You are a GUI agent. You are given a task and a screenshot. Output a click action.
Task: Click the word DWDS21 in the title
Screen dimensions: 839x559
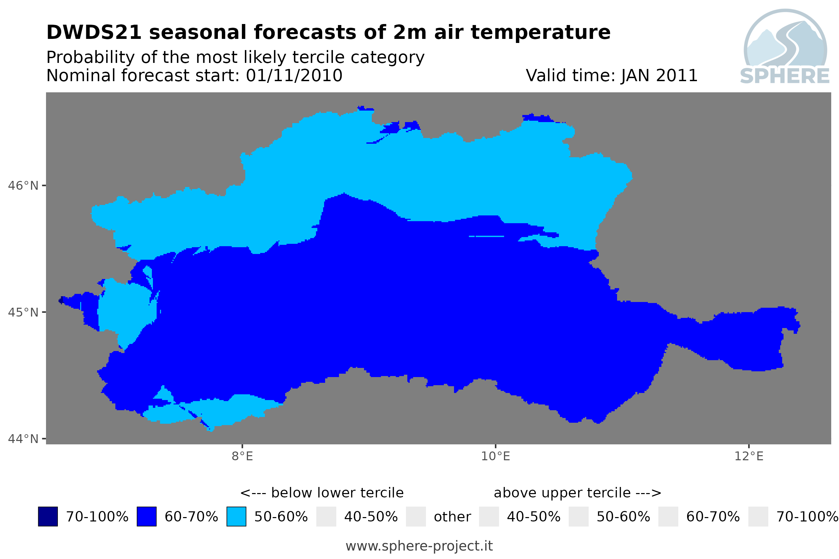[94, 32]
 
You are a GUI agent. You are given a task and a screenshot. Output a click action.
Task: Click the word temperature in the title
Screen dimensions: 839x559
[541, 33]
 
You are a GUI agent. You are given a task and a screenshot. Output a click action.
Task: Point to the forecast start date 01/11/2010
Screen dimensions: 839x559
[294, 75]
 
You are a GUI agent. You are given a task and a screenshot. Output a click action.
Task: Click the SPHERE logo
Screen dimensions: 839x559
[785, 47]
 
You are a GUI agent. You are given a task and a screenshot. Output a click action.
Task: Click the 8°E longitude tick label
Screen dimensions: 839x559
[243, 456]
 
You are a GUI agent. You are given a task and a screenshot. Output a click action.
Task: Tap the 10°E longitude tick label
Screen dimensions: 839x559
[496, 456]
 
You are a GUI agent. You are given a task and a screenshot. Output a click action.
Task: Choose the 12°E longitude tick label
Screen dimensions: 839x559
[749, 456]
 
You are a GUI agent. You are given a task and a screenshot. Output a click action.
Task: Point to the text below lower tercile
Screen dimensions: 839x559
[337, 493]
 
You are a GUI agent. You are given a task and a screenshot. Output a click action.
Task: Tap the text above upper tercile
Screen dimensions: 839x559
[562, 493]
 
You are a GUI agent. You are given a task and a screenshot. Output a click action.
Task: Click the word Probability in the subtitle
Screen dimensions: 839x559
[91, 57]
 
